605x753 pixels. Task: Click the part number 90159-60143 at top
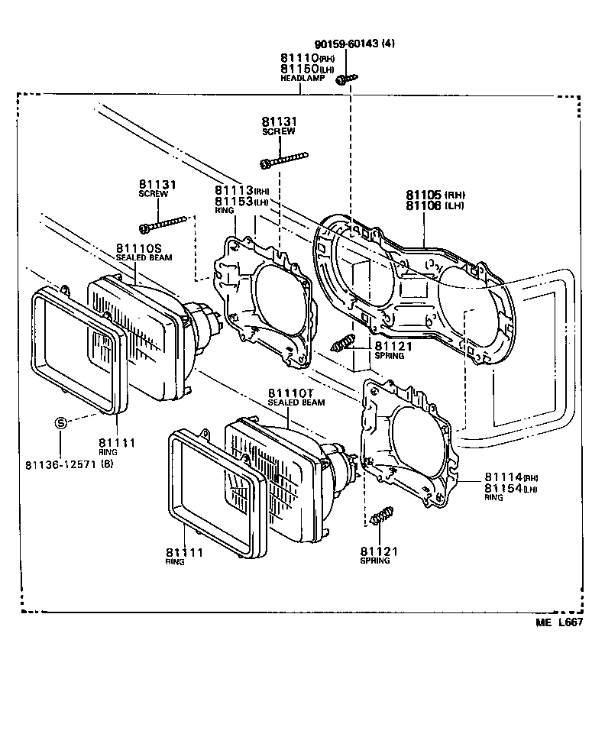click(x=345, y=44)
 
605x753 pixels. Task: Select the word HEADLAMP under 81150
click(x=302, y=78)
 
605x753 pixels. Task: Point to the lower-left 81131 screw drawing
click(x=163, y=225)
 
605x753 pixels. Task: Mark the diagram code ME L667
click(x=559, y=623)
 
